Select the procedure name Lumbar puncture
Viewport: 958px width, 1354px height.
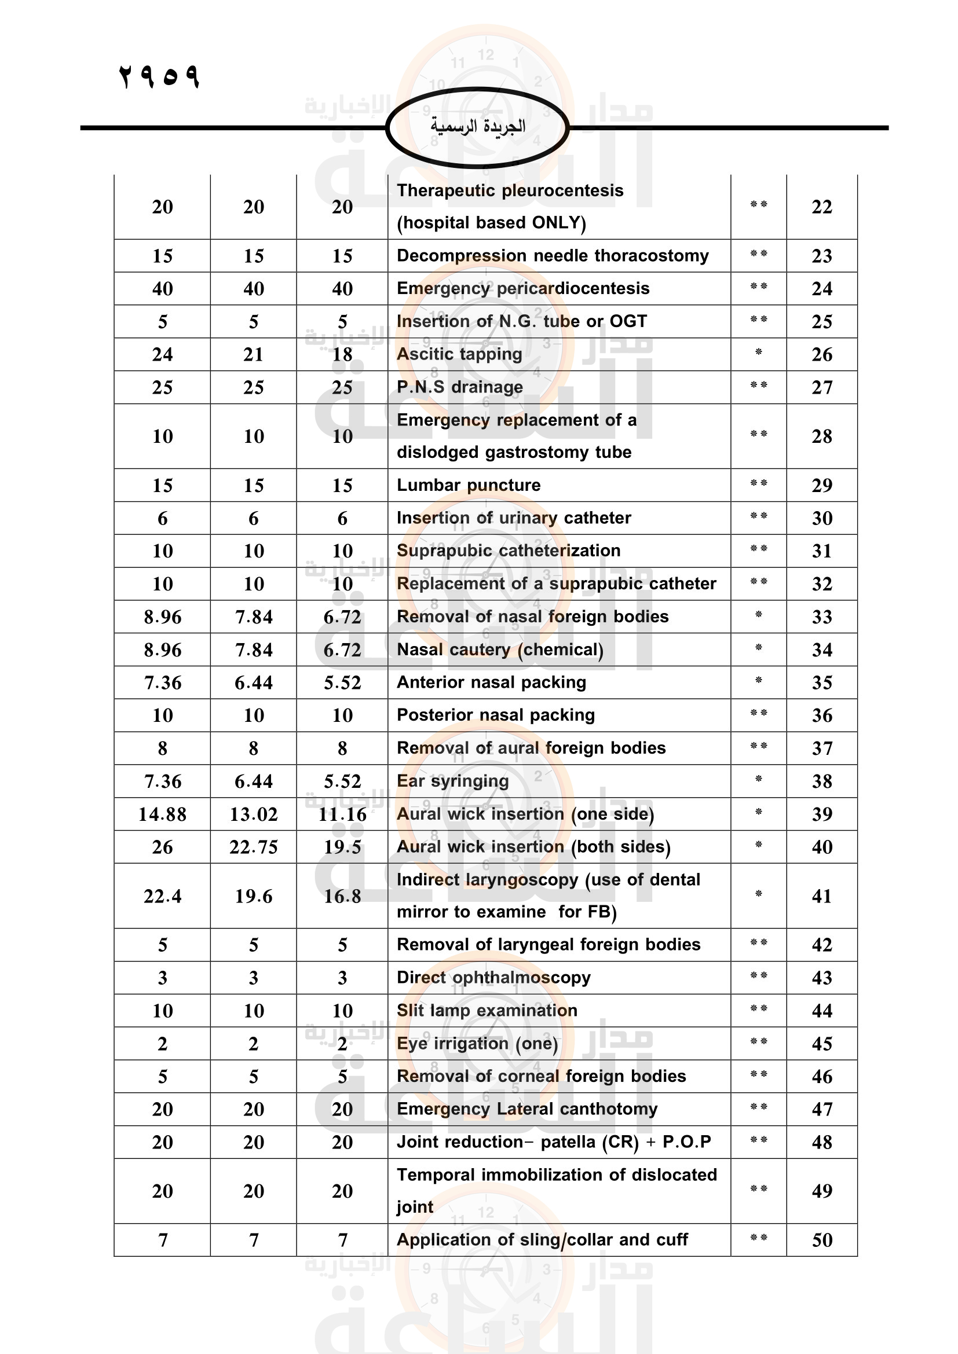pos(469,485)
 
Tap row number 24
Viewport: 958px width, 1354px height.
pos(822,288)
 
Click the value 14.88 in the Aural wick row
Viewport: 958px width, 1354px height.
pos(162,814)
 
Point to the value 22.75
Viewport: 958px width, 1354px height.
pos(254,847)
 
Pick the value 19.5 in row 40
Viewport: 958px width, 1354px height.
pos(342,847)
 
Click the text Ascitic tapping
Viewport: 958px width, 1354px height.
pos(459,354)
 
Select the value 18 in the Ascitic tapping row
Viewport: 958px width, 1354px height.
pos(342,354)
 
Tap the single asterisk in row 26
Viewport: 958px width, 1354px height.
pos(759,353)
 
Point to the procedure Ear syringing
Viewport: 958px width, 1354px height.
pos(452,781)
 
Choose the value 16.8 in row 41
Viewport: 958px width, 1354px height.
pos(342,896)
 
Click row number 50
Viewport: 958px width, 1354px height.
pos(822,1240)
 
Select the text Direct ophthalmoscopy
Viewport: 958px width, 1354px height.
pos(493,977)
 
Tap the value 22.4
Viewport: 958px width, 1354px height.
pos(162,896)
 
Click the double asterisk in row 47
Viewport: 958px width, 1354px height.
pos(759,1107)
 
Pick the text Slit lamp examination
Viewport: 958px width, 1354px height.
pos(487,1010)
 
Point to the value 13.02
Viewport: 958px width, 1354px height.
pos(254,814)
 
